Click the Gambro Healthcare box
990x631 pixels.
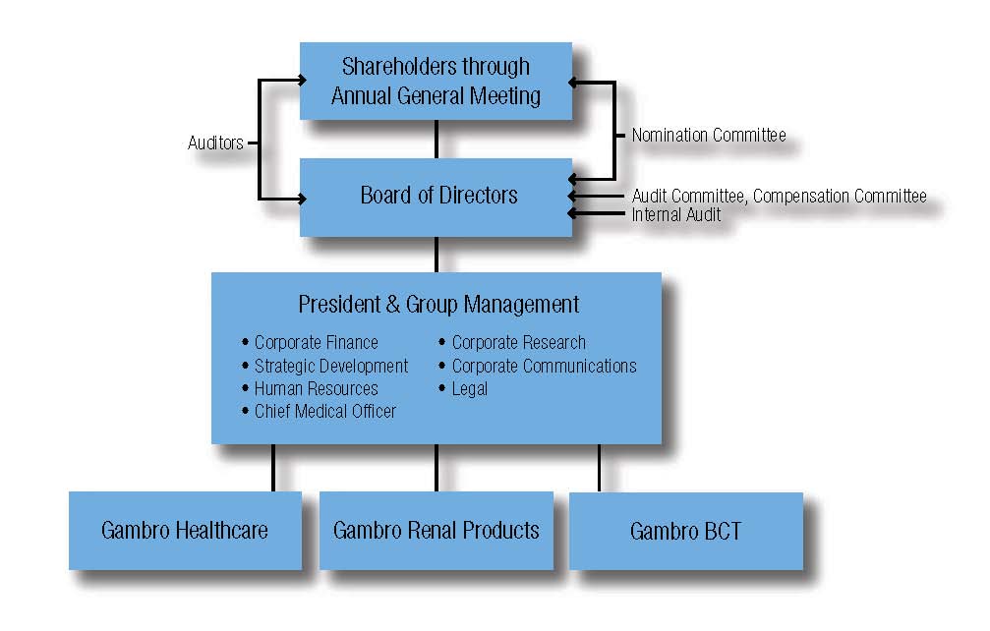coord(185,531)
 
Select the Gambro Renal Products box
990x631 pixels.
coord(437,531)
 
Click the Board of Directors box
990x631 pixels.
coord(437,198)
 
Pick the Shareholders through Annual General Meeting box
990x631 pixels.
coord(437,81)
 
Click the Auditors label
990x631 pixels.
coord(215,143)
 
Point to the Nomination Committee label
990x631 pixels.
coord(709,135)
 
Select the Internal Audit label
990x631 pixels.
coord(676,214)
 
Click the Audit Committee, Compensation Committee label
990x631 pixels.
coord(779,197)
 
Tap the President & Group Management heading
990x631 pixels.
coord(438,304)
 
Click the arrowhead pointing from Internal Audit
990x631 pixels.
coord(572,214)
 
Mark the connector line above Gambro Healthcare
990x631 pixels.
coord(273,468)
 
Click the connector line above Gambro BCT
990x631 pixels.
coord(599,468)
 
